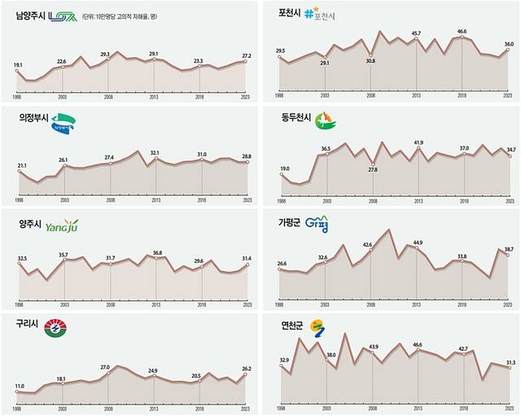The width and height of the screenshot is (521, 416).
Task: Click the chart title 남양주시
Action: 29,15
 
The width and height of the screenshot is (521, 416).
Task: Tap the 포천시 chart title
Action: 291,13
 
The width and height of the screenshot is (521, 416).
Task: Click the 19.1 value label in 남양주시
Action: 18,63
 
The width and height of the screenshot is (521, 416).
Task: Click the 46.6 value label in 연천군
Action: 418,344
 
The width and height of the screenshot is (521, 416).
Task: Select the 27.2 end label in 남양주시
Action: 247,56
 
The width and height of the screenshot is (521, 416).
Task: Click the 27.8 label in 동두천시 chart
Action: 372,169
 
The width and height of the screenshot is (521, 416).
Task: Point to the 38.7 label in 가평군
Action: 509,248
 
